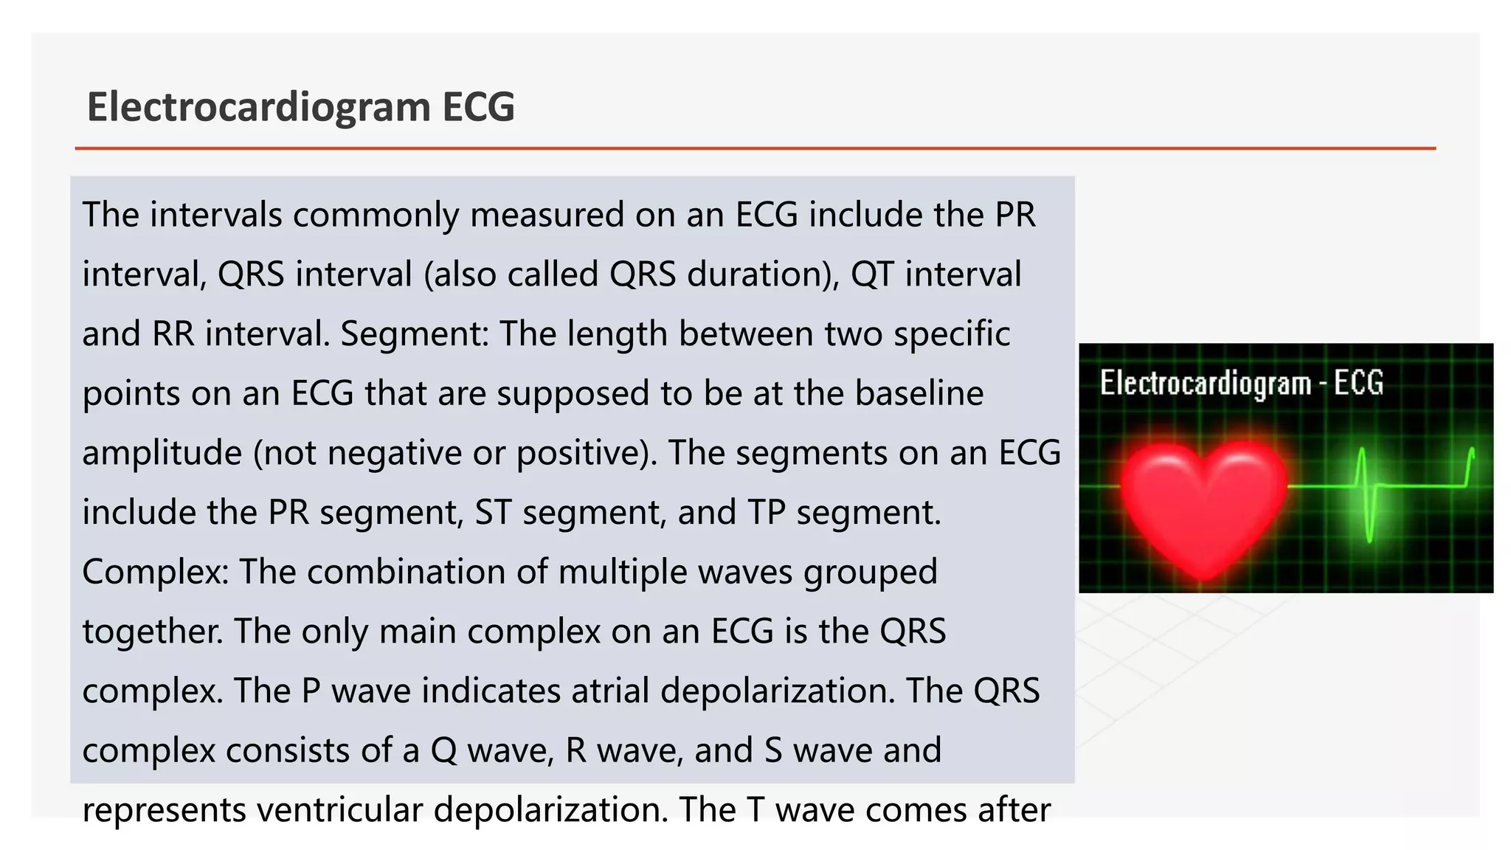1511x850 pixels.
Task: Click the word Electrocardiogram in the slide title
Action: pyautogui.click(x=258, y=107)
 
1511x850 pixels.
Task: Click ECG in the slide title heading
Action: pyautogui.click(x=478, y=107)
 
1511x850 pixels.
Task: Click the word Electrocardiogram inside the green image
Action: pyautogui.click(x=1205, y=384)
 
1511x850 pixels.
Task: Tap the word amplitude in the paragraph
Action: pyautogui.click(x=162, y=453)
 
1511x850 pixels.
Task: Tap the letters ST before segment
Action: pyautogui.click(x=493, y=513)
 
